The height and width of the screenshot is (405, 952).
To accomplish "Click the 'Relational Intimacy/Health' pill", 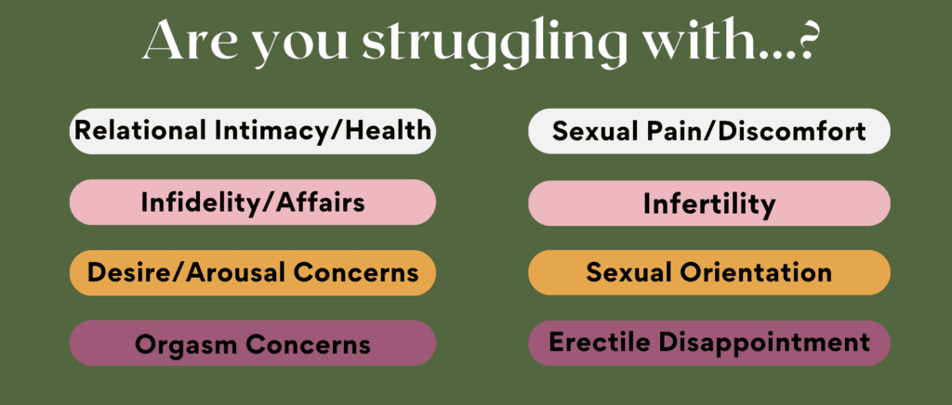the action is pos(253,131).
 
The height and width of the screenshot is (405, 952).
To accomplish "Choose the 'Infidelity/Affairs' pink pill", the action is pos(253,202).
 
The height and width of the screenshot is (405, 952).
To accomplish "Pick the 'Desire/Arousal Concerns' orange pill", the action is pos(253,273).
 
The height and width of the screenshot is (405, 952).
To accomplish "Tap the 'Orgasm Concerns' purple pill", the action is pos(253,344).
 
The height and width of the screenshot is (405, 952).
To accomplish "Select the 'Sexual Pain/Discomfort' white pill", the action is pos(709,131).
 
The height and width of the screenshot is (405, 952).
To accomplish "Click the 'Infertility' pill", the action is pos(709,203).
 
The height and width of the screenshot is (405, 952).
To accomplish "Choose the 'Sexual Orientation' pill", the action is pos(709,273).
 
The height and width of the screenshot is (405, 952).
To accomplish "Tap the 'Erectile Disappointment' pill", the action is pos(709,343).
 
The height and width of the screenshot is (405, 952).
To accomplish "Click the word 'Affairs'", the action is pos(321,202).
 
